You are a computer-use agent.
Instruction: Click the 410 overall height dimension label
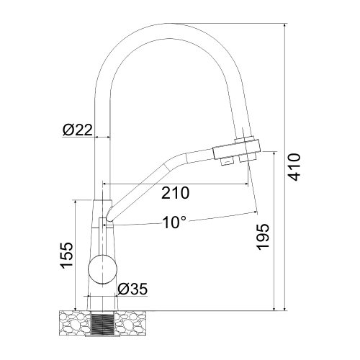[x=294, y=167]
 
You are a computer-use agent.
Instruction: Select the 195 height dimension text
[x=262, y=237]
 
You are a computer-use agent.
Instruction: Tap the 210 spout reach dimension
[x=175, y=193]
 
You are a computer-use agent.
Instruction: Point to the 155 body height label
[x=66, y=256]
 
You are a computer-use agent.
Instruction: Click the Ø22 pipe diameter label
[x=78, y=130]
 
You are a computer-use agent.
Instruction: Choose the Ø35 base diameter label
[x=132, y=289]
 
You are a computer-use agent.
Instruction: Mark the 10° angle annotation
[x=174, y=222]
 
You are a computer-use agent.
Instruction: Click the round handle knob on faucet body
[x=103, y=269]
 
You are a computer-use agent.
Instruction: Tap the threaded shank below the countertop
[x=103, y=323]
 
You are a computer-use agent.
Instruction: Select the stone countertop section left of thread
[x=75, y=323]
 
